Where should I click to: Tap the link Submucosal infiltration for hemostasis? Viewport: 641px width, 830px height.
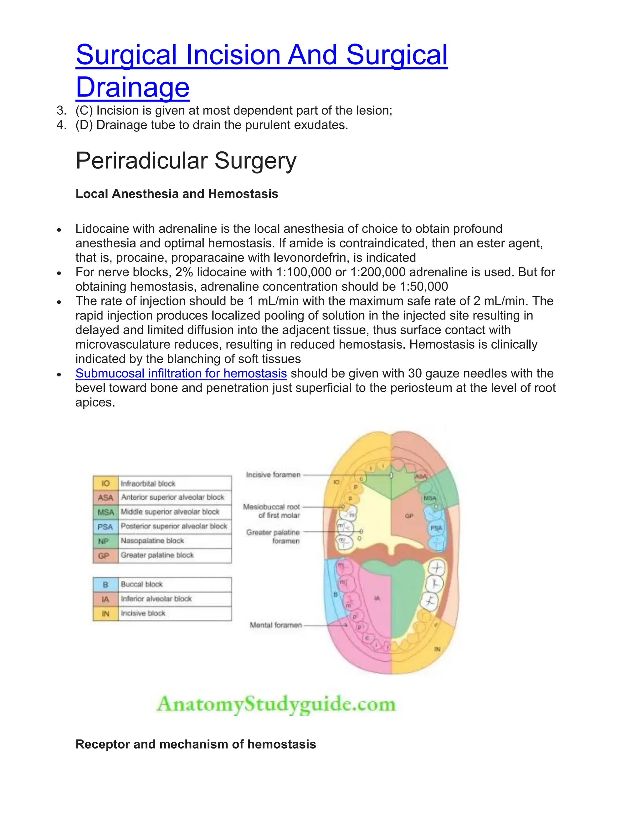click(181, 373)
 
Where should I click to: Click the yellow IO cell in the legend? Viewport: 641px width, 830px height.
click(105, 483)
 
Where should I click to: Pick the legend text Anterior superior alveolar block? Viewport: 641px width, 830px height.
click(172, 497)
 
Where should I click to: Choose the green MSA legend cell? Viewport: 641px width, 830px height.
click(105, 512)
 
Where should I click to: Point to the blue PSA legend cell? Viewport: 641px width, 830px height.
click(105, 527)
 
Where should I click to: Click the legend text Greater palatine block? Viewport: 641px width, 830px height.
click(157, 555)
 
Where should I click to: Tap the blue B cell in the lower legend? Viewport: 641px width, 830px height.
click(105, 584)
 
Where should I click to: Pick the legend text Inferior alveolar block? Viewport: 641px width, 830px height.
click(156, 599)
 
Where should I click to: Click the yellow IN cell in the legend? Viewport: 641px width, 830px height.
click(105, 613)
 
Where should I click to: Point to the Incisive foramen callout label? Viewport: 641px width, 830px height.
click(273, 475)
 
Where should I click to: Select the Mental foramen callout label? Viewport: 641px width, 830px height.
click(276, 625)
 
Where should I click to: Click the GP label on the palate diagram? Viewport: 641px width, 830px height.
click(409, 516)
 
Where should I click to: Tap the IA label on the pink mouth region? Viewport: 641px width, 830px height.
click(377, 598)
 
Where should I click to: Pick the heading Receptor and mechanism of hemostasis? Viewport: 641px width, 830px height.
click(196, 744)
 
